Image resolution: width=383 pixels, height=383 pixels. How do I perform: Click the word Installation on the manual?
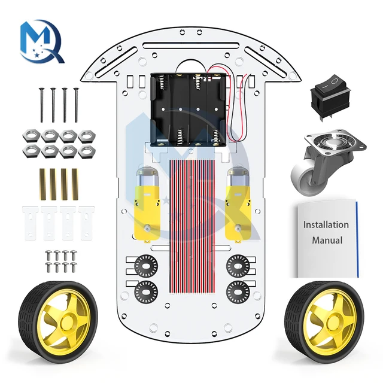tap(326, 225)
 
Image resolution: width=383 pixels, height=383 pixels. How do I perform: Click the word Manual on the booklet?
tap(327, 241)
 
